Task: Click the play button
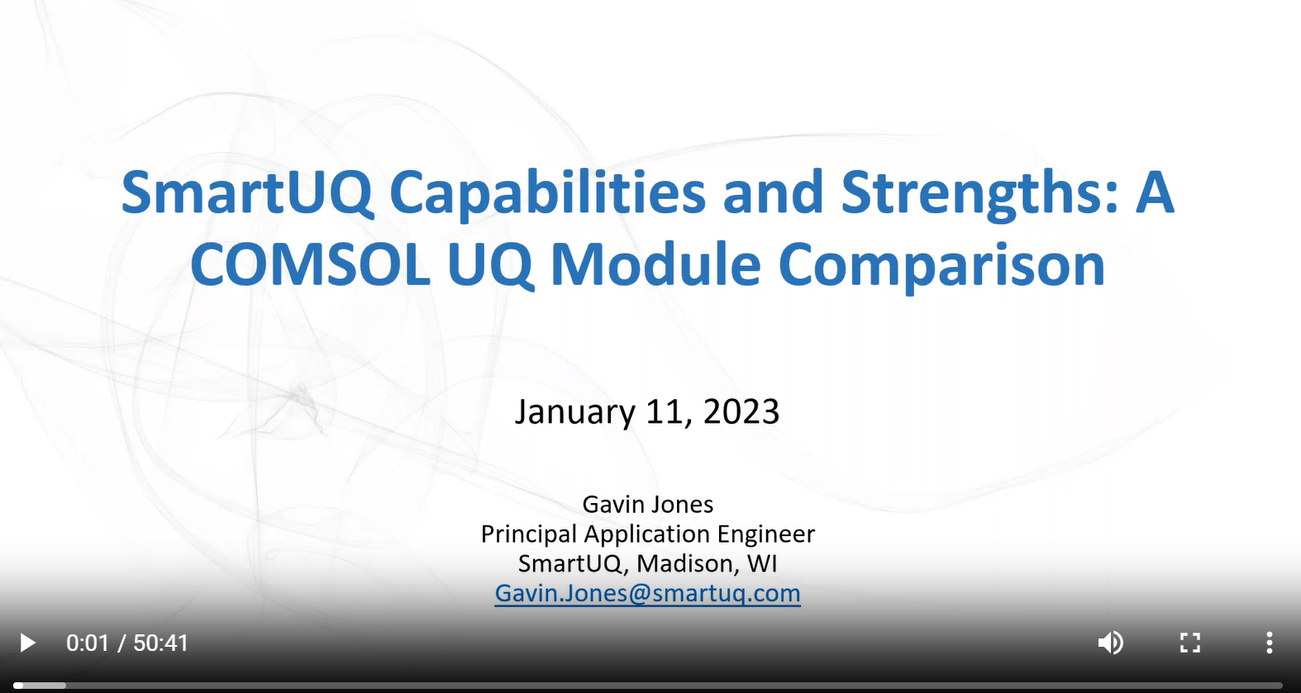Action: pyautogui.click(x=27, y=643)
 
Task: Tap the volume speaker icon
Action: pyautogui.click(x=1111, y=643)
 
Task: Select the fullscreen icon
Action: pyautogui.click(x=1190, y=643)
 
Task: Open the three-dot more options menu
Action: pyautogui.click(x=1270, y=643)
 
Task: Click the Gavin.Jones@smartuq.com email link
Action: pyautogui.click(x=647, y=593)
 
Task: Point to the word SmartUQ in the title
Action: pyautogui.click(x=246, y=192)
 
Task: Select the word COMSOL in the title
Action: pyautogui.click(x=310, y=264)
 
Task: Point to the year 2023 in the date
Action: pyautogui.click(x=741, y=411)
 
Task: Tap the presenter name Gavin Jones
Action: pyautogui.click(x=647, y=505)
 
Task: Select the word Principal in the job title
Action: pyautogui.click(x=528, y=534)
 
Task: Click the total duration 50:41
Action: pyautogui.click(x=161, y=643)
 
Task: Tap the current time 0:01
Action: pyautogui.click(x=88, y=643)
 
